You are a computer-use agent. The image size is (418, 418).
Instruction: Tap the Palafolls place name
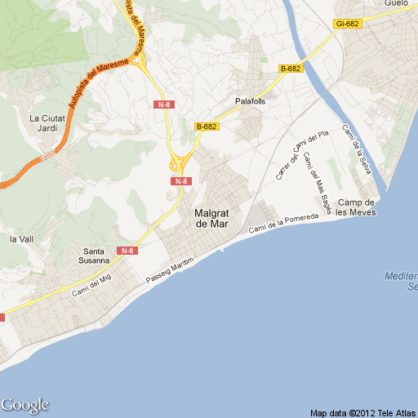click(250, 100)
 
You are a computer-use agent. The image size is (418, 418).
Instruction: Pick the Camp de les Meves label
click(356, 207)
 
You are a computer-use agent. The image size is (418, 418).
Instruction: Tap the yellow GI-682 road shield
click(347, 24)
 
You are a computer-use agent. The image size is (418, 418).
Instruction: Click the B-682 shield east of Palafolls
click(291, 69)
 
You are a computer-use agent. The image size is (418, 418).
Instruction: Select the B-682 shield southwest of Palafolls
click(207, 127)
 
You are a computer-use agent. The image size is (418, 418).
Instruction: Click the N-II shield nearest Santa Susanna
click(127, 251)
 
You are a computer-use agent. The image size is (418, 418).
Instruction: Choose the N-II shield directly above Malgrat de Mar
click(181, 181)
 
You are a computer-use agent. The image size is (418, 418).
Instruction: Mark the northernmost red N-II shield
click(163, 104)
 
